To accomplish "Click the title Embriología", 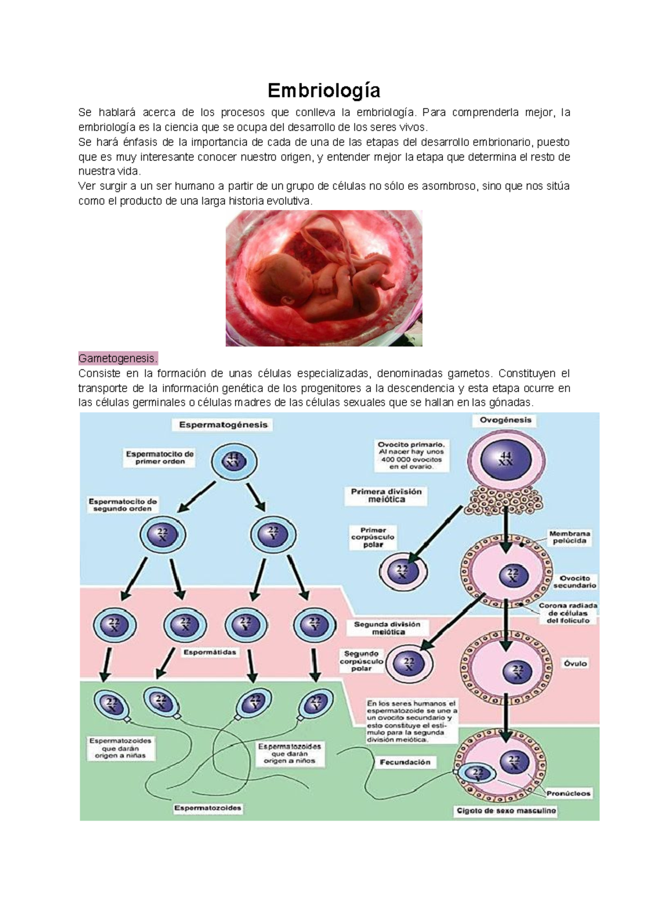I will [x=324, y=90].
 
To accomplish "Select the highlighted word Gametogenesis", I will [x=118, y=358].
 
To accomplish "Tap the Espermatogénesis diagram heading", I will [x=223, y=425].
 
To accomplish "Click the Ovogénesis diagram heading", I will [x=505, y=420].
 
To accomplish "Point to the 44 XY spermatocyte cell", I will [x=234, y=461].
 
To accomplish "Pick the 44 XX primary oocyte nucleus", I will [x=506, y=459].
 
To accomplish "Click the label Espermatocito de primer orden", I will [x=160, y=458].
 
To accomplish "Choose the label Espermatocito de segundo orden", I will [x=123, y=505].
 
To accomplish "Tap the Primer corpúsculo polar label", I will [x=373, y=537].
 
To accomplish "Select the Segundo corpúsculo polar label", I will [x=361, y=661].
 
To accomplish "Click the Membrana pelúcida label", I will [x=569, y=537].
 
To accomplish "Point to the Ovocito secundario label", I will [x=574, y=582].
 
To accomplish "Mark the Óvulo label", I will [x=575, y=663].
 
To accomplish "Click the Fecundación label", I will [x=405, y=762].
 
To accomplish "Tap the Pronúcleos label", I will [x=568, y=793].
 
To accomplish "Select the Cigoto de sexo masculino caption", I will [x=506, y=811].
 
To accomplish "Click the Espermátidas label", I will [x=210, y=652].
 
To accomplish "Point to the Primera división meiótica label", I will [x=386, y=496].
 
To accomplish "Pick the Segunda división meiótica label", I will [x=387, y=628].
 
